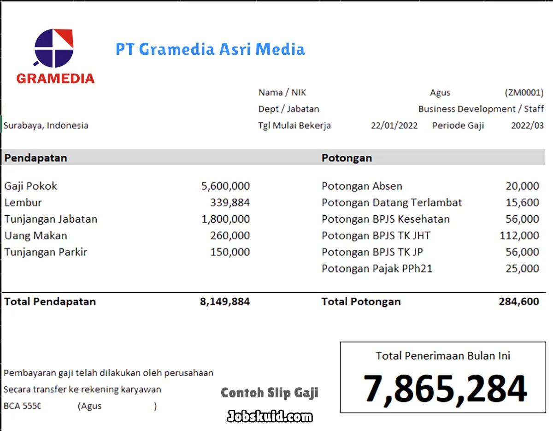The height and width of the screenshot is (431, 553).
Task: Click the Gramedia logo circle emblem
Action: click(x=54, y=48)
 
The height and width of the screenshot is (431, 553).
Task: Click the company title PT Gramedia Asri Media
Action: click(x=210, y=49)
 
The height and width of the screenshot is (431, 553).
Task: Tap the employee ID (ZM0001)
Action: click(x=524, y=93)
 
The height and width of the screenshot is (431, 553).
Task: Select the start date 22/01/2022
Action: click(x=394, y=125)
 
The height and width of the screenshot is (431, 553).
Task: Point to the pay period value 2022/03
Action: click(x=527, y=125)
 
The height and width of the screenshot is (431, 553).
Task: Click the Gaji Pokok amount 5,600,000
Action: click(x=225, y=186)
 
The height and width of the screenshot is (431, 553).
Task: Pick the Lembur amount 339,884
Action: click(x=230, y=202)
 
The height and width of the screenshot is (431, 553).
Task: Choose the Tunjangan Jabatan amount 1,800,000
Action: click(x=225, y=219)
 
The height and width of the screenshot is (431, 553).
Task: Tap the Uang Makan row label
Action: click(x=36, y=236)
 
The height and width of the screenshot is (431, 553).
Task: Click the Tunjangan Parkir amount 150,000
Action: click(x=230, y=252)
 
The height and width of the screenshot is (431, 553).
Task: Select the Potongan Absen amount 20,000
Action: click(x=522, y=186)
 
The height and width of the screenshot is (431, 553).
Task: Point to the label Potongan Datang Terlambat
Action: click(x=392, y=202)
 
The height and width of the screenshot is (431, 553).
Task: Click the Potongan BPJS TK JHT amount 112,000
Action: click(x=519, y=236)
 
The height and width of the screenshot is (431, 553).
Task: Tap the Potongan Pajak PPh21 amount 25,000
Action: click(x=522, y=268)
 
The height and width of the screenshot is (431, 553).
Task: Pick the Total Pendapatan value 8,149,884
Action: click(x=225, y=302)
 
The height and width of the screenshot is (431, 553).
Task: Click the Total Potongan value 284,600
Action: click(x=518, y=302)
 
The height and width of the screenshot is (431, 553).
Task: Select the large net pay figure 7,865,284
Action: click(x=445, y=389)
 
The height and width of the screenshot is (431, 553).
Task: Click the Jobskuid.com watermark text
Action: click(x=270, y=417)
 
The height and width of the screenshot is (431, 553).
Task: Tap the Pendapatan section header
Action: click(x=36, y=158)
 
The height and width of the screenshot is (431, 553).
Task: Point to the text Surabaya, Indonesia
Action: click(x=46, y=125)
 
